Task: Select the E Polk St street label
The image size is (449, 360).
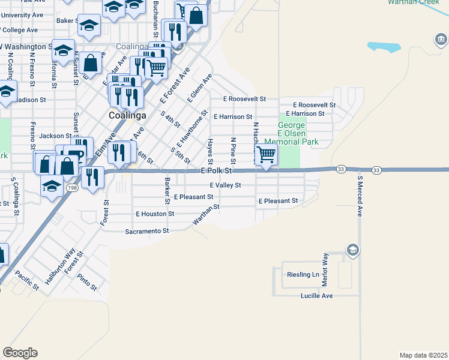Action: [216, 171]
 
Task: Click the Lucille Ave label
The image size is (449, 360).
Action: [316, 296]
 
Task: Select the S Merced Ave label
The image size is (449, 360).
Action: [360, 196]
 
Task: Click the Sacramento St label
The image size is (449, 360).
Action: [147, 231]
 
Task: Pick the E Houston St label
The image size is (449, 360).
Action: [155, 214]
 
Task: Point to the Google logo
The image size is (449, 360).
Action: [20, 353]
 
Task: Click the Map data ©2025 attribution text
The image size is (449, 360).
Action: [423, 355]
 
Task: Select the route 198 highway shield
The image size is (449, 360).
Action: [73, 188]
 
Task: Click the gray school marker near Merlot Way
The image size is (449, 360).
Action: [353, 250]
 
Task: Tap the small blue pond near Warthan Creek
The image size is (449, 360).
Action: [384, 47]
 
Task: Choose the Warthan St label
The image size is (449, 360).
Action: [206, 215]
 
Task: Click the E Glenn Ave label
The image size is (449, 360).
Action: [200, 88]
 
